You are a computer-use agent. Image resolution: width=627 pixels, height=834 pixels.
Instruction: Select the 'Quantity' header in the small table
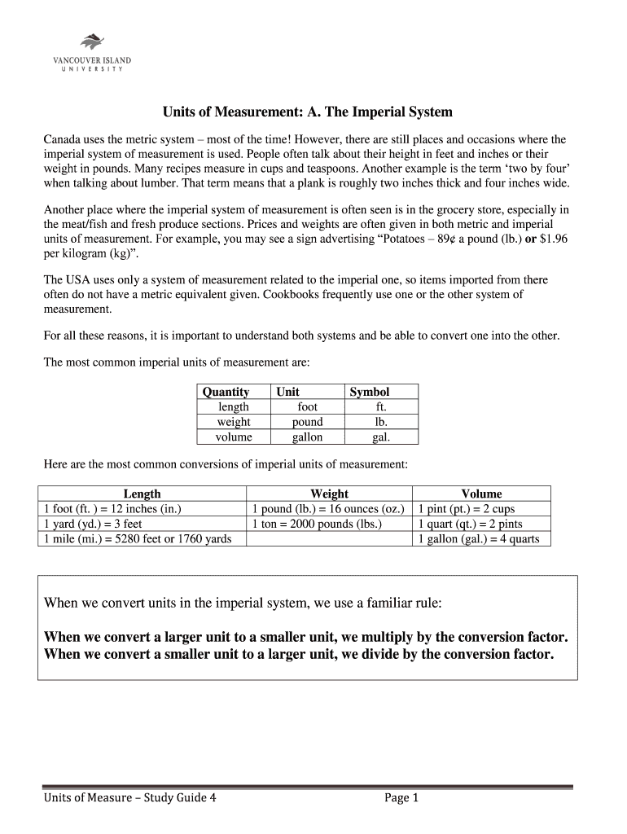[x=226, y=392]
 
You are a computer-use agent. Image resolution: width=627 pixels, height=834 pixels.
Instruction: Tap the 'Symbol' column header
[x=370, y=392]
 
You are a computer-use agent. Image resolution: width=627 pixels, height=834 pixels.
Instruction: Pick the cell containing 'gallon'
[x=307, y=437]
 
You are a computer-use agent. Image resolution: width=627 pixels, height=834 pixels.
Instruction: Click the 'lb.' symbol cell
[x=381, y=422]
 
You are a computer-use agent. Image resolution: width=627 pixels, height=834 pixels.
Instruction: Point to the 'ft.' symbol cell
[x=381, y=406]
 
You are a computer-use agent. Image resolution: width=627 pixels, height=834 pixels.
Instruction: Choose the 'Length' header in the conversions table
[x=142, y=494]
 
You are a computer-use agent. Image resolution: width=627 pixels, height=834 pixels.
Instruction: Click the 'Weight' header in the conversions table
[x=329, y=494]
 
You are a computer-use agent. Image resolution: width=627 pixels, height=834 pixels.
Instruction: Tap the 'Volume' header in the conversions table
[x=481, y=494]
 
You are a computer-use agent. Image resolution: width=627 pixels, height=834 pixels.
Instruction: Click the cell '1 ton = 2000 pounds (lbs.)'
[x=317, y=524]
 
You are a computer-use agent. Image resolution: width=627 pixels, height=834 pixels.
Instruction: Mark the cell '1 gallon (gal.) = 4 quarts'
[x=478, y=538]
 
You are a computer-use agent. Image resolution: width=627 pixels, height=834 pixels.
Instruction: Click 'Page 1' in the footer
[x=401, y=798]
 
